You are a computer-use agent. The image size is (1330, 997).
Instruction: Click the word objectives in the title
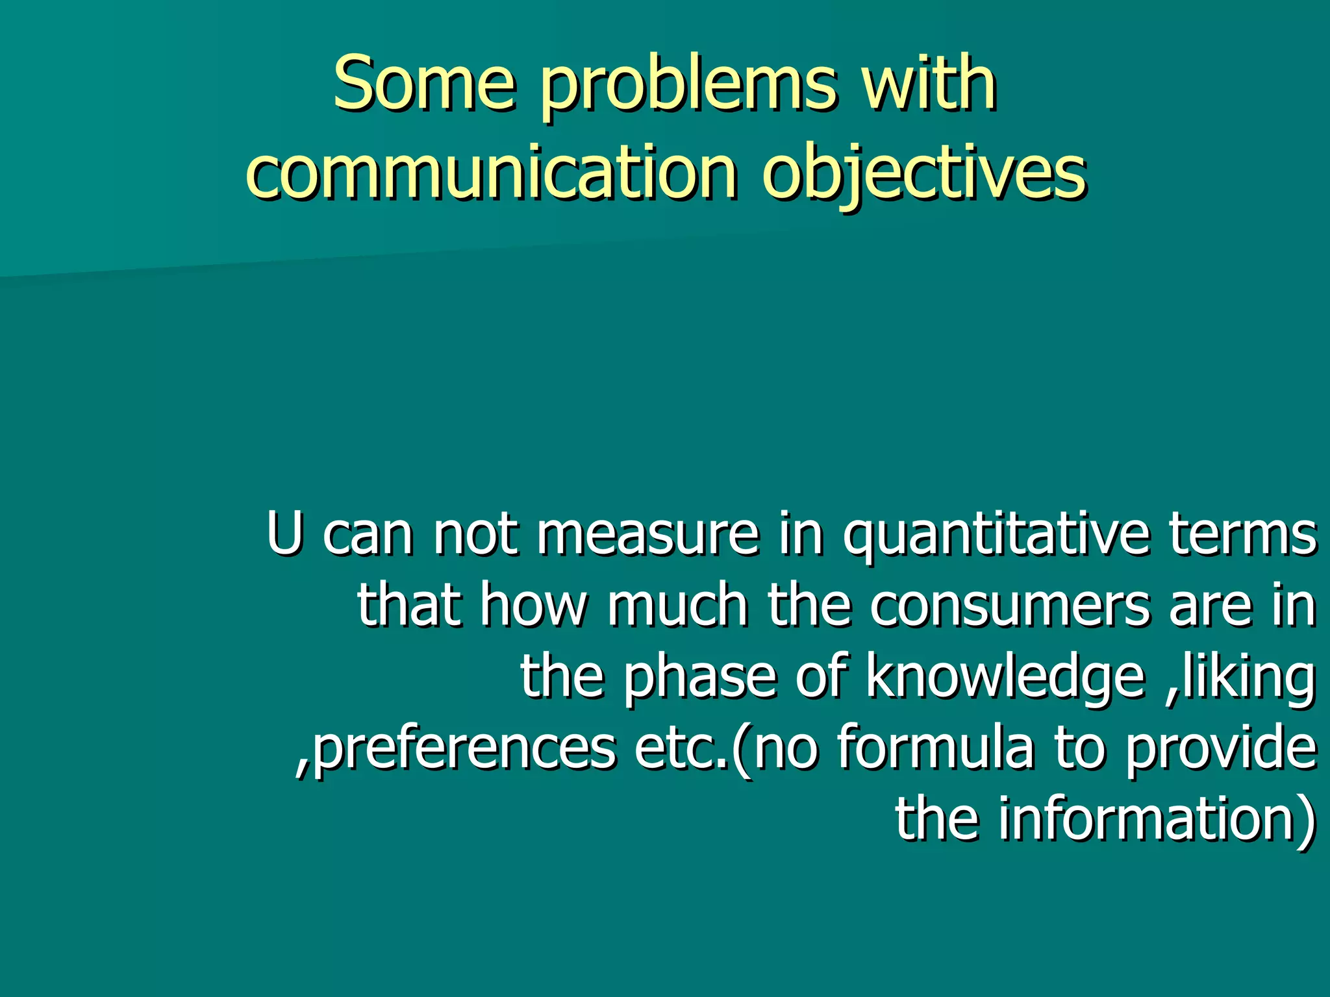pyautogui.click(x=923, y=174)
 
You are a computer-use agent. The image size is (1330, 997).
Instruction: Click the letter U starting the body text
pyautogui.click(x=284, y=534)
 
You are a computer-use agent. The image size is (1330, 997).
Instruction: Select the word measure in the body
pyautogui.click(x=647, y=535)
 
